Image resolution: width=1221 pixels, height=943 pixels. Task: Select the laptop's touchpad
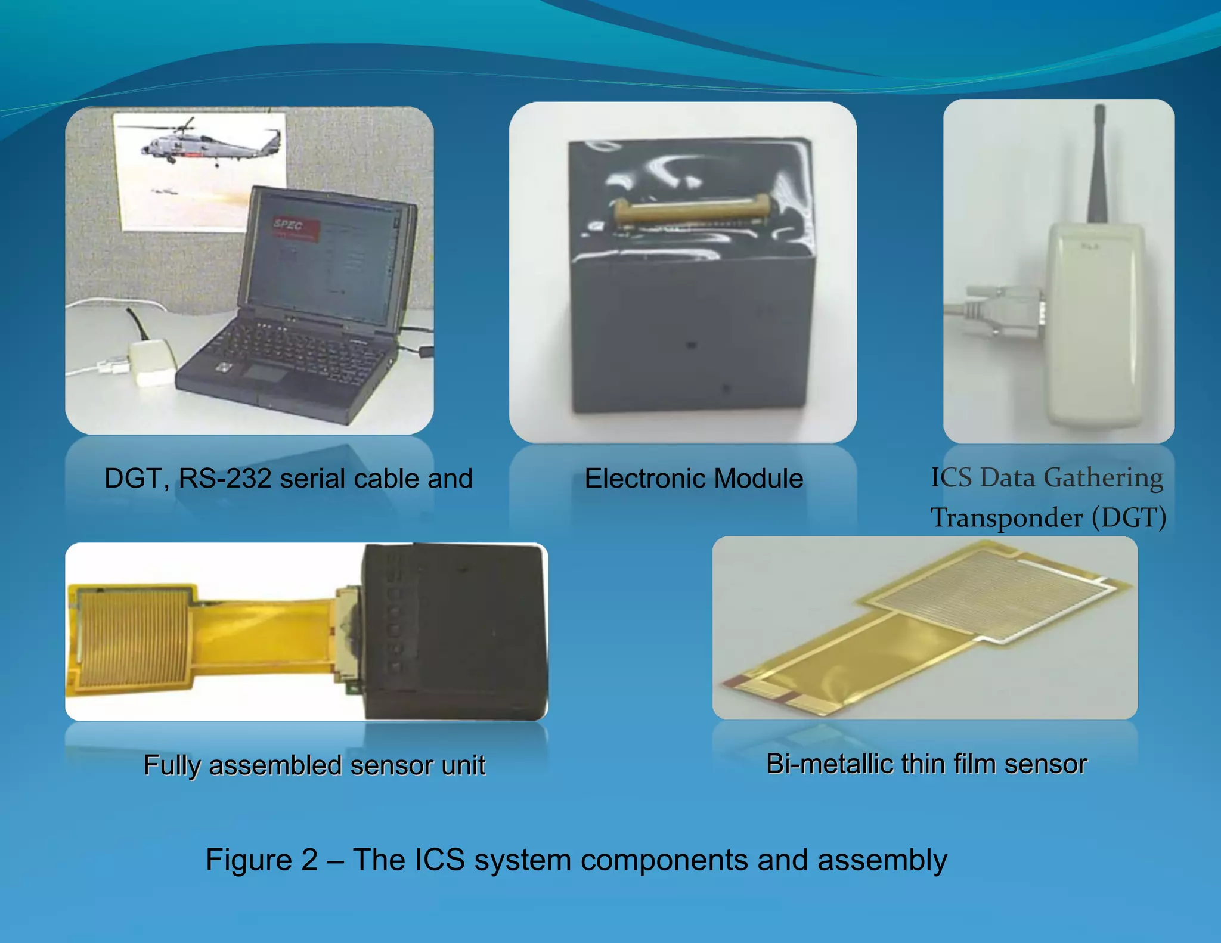coord(264,373)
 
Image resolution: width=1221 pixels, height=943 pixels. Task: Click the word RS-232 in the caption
coord(225,479)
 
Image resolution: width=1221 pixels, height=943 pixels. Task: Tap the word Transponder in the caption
coord(1007,517)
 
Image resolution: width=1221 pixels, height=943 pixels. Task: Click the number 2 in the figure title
coord(309,860)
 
